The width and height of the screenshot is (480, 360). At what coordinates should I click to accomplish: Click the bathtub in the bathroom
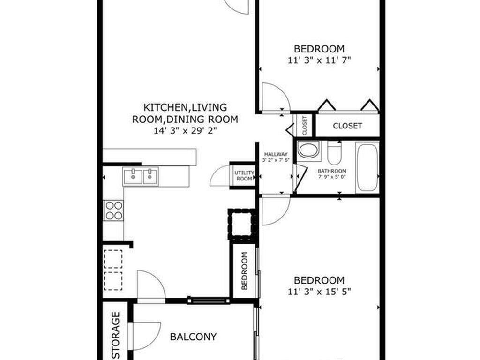pos(367,167)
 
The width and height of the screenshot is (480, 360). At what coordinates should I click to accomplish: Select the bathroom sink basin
pos(308,150)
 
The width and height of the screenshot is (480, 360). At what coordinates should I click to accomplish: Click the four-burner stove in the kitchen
pos(113,210)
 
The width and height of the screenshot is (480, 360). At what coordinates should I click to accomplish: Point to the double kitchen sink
pos(141,176)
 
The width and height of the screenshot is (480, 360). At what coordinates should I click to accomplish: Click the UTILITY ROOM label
pos(244,176)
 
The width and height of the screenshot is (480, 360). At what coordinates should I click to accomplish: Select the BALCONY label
pos(193,337)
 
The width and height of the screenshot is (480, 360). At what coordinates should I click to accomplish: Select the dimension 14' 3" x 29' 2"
pos(185,131)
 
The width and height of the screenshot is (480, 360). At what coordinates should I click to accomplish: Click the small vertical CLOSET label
pos(304,126)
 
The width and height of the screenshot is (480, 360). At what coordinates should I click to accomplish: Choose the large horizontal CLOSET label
pos(347,126)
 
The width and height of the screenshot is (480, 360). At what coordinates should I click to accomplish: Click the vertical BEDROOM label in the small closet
pos(244,271)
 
